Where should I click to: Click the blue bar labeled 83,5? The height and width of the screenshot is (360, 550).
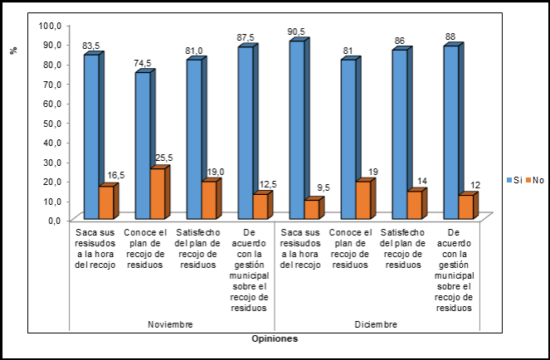pyautogui.click(x=90, y=137)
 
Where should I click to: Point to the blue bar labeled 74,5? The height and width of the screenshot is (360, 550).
pyautogui.click(x=142, y=146)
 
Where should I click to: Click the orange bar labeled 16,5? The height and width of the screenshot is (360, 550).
pyautogui.click(x=105, y=202)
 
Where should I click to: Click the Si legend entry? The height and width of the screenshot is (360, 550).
pyautogui.click(x=514, y=180)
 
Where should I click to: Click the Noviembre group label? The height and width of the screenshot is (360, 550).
pyautogui.click(x=169, y=324)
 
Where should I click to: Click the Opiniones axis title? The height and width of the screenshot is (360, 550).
pyautogui.click(x=274, y=338)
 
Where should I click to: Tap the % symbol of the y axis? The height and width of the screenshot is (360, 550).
pyautogui.click(x=13, y=51)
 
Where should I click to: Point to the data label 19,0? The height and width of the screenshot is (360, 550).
pyautogui.click(x=213, y=172)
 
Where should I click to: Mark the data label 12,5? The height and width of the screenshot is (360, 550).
pyautogui.click(x=265, y=184)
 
